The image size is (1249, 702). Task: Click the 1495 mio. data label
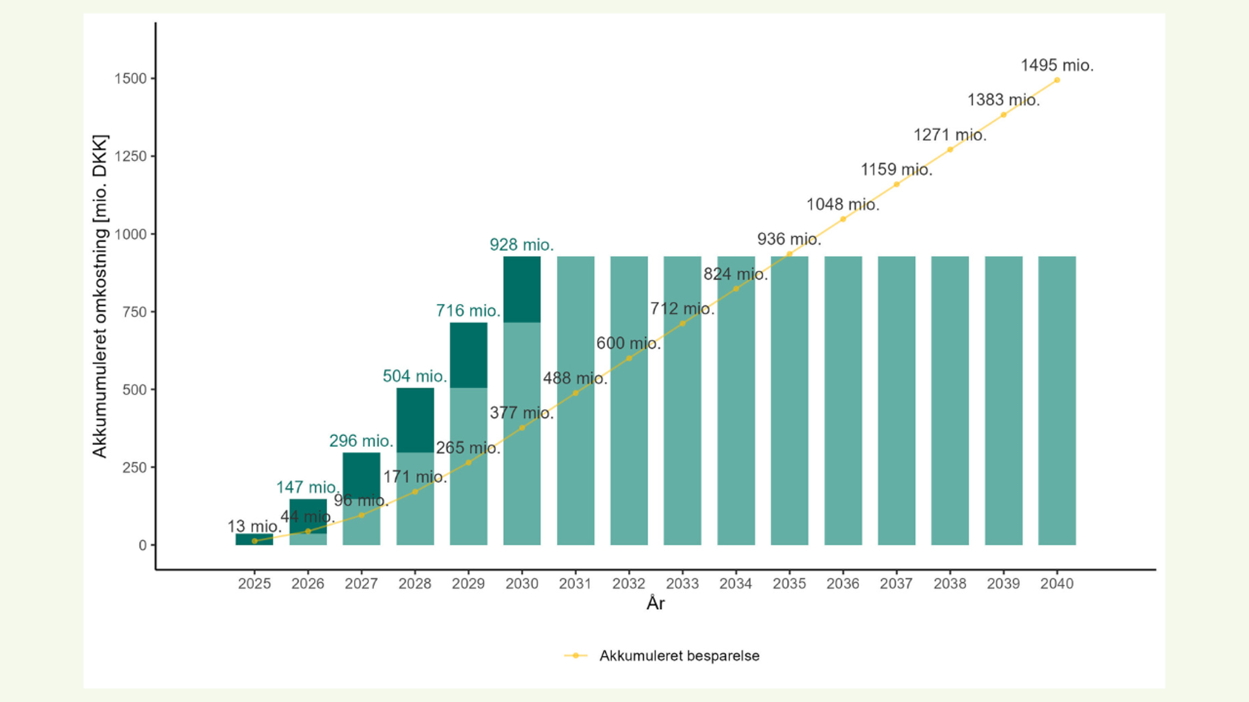pyautogui.click(x=1056, y=66)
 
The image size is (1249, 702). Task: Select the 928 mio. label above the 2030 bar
pyautogui.click(x=521, y=245)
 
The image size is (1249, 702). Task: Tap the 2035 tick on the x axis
pyautogui.click(x=789, y=584)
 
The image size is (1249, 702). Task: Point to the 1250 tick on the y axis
pyautogui.click(x=131, y=157)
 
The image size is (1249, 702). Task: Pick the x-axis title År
pyautogui.click(x=655, y=604)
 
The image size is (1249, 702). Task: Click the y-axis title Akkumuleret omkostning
pyautogui.click(x=100, y=296)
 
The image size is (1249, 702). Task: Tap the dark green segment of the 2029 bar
pyautogui.click(x=468, y=355)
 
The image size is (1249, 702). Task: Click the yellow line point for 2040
pyautogui.click(x=1056, y=81)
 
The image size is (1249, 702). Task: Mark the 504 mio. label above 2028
pyautogui.click(x=414, y=376)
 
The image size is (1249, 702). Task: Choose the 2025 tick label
pyautogui.click(x=254, y=584)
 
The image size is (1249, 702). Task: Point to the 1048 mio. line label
pyautogui.click(x=842, y=205)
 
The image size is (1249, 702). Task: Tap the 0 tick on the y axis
pyautogui.click(x=142, y=546)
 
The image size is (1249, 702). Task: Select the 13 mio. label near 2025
pyautogui.click(x=254, y=526)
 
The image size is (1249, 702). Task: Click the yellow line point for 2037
pyautogui.click(x=896, y=185)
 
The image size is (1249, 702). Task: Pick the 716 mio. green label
pyautogui.click(x=468, y=311)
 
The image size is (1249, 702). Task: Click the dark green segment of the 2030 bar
pyautogui.click(x=522, y=289)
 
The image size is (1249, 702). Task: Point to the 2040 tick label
pyautogui.click(x=1056, y=584)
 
